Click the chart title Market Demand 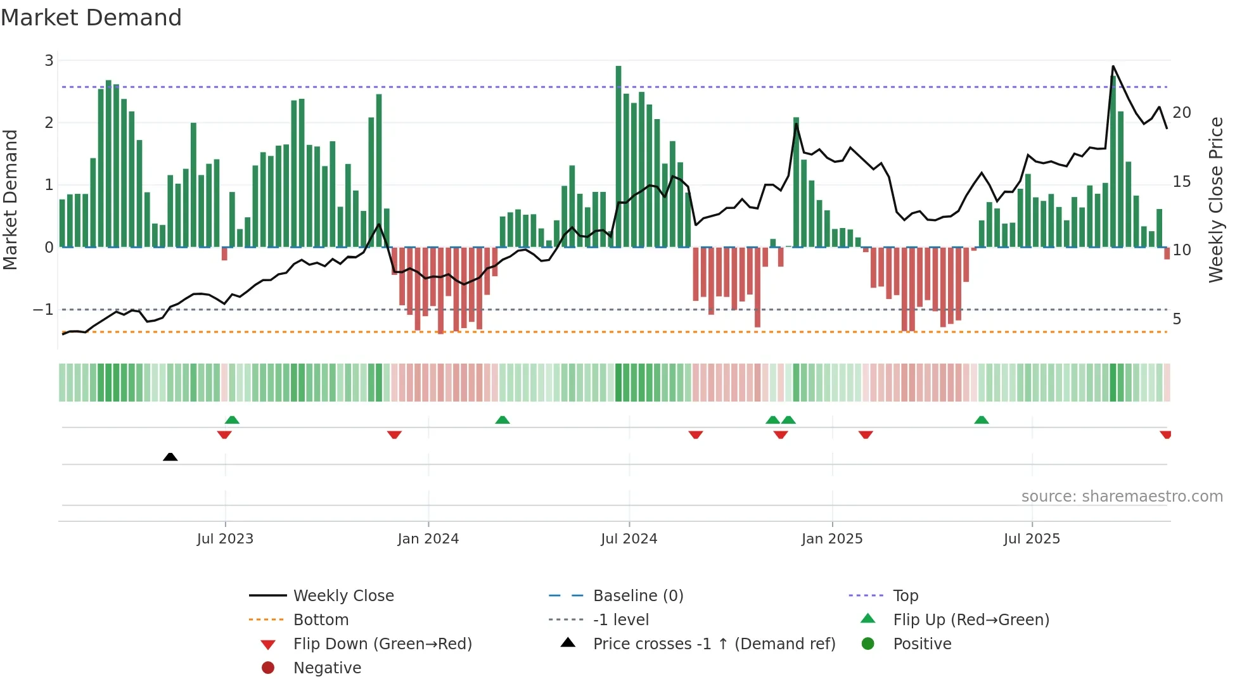pos(91,18)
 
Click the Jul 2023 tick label pos(225,539)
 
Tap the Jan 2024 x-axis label pos(428,539)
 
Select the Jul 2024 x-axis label pos(629,539)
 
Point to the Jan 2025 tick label pos(832,539)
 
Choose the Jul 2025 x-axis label pos(1032,539)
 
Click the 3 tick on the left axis pos(49,61)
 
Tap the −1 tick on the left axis pos(43,310)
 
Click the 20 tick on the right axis pos(1182,113)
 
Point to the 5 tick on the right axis pos(1177,319)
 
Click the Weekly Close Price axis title pos(1215,200)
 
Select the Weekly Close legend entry pos(343,596)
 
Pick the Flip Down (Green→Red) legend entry pos(382,644)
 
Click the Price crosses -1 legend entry pos(714,644)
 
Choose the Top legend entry pos(906,596)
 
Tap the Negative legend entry pos(327,668)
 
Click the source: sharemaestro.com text pos(1122,497)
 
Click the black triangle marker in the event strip pos(170,457)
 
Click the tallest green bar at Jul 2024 pos(618,155)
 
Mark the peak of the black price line pos(1113,67)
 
